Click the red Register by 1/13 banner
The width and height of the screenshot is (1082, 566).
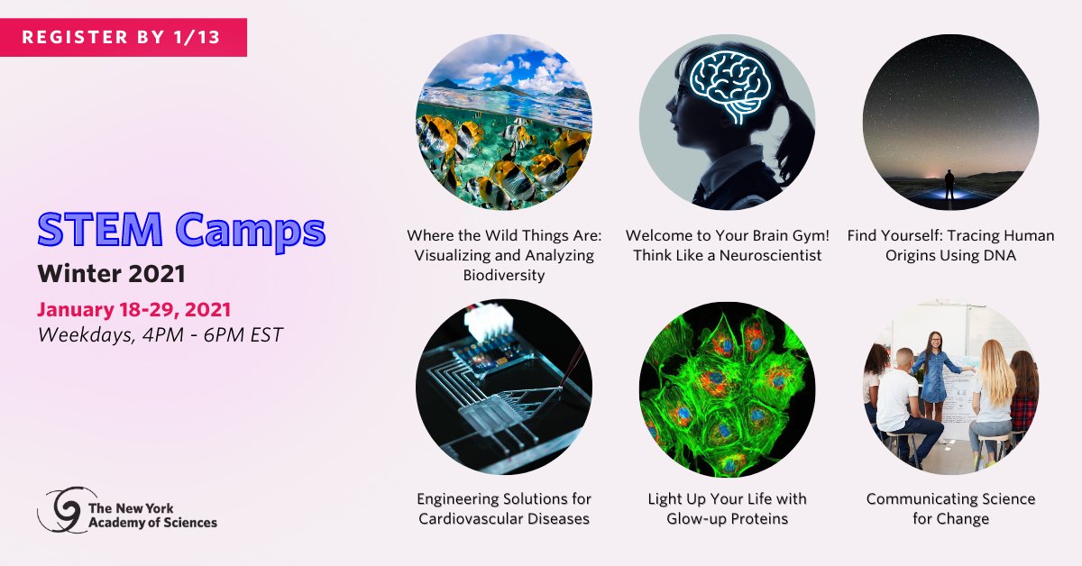coord(124,37)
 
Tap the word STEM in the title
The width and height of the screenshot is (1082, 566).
coord(100,229)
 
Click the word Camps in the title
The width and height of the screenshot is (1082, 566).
coord(251,233)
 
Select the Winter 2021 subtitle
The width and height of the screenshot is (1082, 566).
coord(112,274)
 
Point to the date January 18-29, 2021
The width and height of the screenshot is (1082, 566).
coord(134,309)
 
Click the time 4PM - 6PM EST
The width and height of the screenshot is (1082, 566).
coord(213,334)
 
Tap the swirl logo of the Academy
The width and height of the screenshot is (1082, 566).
coord(67,510)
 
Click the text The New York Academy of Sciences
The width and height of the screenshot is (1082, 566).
coord(152,516)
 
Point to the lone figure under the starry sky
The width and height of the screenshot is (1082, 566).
coord(949,185)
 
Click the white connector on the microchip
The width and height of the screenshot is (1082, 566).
coord(488,322)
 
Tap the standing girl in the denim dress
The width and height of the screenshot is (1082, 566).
coord(935,381)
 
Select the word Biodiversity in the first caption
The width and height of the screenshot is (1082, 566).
coord(504,275)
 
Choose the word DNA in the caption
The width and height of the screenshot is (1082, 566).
coord(998,255)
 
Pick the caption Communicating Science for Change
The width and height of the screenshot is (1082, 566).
coord(950,508)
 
